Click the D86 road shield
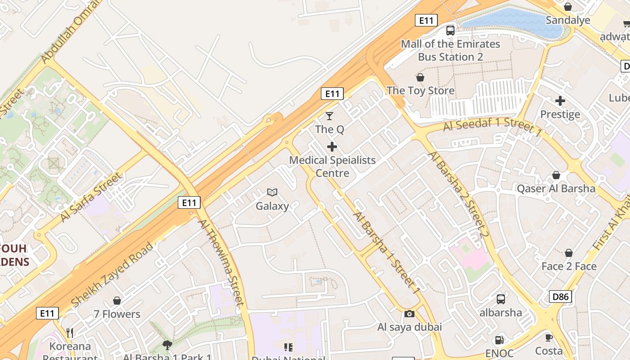pyautogui.click(x=560, y=296)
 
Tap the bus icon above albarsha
pyautogui.click(x=500, y=299)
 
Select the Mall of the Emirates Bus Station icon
pyautogui.click(x=450, y=30)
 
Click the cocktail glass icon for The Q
pyautogui.click(x=329, y=116)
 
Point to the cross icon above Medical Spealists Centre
pyautogui.click(x=332, y=147)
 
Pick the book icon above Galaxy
pyautogui.click(x=272, y=193)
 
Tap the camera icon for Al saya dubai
pyautogui.click(x=409, y=314)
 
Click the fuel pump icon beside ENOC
pyautogui.click(x=499, y=340)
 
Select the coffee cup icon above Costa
pyautogui.click(x=549, y=337)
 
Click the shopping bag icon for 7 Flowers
pyautogui.click(x=117, y=300)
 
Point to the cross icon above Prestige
pyautogui.click(x=560, y=101)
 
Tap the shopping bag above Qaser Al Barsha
pyautogui.click(x=556, y=175)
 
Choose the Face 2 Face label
pyautogui.click(x=569, y=266)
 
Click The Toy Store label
pyautogui.click(x=420, y=90)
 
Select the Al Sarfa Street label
pyautogui.click(x=91, y=197)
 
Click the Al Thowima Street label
pyautogui.click(x=221, y=263)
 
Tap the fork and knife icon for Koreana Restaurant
pyautogui.click(x=70, y=333)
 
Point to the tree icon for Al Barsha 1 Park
pyautogui.click(x=167, y=345)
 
